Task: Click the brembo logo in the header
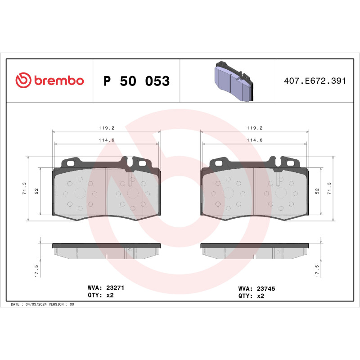49,81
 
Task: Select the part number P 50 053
136,81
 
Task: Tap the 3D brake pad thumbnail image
233,81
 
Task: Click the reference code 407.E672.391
315,81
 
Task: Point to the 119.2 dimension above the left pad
107,127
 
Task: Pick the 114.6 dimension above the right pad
255,140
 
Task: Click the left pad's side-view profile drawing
107,251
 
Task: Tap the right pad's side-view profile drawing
255,251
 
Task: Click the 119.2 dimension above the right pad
255,127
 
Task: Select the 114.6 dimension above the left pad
107,140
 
